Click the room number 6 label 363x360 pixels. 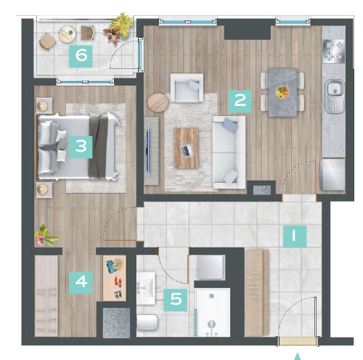coord(81,56)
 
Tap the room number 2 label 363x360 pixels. coord(240,101)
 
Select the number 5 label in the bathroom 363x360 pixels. coord(176,300)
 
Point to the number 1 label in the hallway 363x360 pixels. coord(295,237)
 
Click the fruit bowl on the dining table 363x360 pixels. coord(282,92)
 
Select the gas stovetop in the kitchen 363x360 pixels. coord(333,52)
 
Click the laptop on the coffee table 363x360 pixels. coord(187,151)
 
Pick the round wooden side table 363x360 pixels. coord(158,102)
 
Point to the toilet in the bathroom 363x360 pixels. coord(147,323)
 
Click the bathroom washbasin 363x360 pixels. coord(146,288)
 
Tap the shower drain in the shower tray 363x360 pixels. coord(212,295)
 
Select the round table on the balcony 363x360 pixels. coord(68,34)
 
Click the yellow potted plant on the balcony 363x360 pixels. coord(123,25)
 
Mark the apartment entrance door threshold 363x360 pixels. coord(298,341)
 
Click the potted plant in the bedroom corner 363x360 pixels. coord(45,235)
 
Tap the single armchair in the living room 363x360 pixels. coord(187,88)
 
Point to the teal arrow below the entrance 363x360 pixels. coord(298,356)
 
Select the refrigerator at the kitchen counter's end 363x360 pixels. coord(333,174)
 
